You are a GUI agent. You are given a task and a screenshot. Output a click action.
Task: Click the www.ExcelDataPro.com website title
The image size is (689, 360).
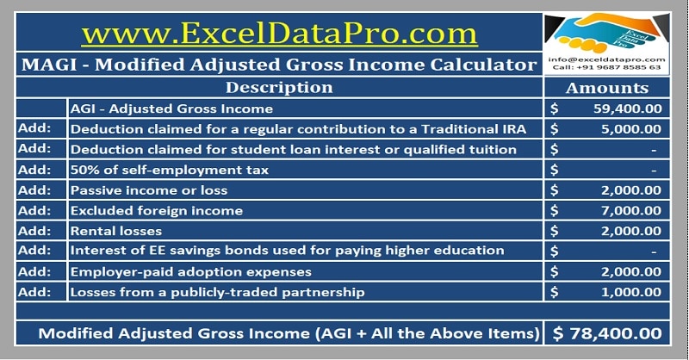(x=279, y=33)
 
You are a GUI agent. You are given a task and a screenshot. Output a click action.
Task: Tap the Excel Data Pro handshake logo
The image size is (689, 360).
(x=607, y=31)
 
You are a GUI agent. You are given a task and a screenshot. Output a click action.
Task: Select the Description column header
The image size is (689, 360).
(x=279, y=88)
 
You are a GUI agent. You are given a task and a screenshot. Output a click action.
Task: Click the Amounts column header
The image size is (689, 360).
(x=607, y=88)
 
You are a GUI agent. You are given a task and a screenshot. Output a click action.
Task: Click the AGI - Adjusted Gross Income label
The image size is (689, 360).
(x=172, y=109)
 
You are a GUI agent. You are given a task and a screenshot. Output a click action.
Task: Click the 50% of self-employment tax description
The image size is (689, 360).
(x=170, y=170)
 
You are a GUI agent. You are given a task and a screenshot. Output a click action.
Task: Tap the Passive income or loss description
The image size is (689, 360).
(x=156, y=190)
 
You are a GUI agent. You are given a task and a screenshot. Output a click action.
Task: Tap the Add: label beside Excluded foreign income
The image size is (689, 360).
(x=34, y=210)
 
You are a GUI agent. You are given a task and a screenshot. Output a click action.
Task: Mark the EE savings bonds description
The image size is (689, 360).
(x=287, y=251)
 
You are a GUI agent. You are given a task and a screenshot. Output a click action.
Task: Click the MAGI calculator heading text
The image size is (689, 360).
(x=279, y=65)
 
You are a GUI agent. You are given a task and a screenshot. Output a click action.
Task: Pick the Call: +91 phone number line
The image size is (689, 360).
(x=607, y=67)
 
